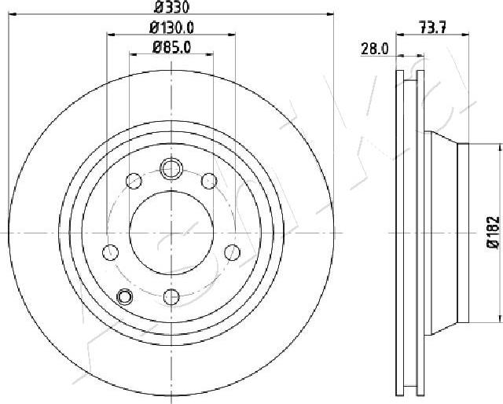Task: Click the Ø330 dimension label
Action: [171, 7]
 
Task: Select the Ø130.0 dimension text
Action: [171, 28]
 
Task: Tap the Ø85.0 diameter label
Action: [171, 47]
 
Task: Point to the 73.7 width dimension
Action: [433, 28]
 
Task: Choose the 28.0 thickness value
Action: [375, 49]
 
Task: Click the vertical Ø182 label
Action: [493, 233]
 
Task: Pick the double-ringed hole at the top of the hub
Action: [171, 168]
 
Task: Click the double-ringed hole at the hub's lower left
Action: [124, 296]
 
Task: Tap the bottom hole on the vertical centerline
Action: [171, 297]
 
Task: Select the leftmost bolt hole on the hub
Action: [110, 252]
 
